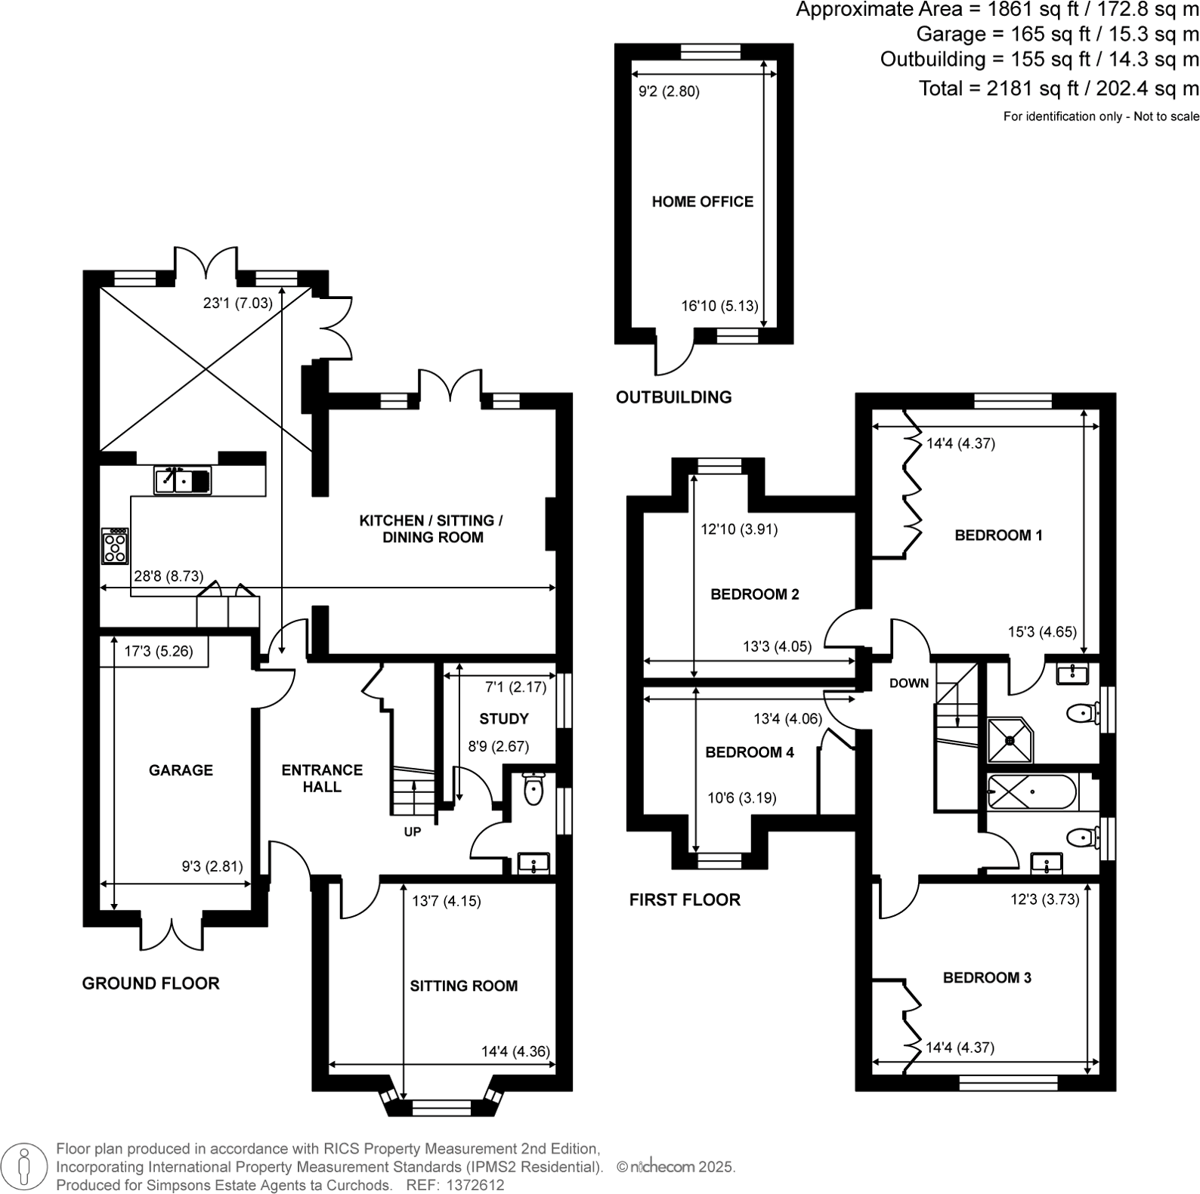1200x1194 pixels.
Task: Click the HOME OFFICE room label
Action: click(702, 202)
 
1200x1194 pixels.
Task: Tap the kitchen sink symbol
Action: click(182, 480)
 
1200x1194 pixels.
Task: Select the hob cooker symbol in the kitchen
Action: click(116, 546)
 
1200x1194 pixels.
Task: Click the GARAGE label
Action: click(181, 770)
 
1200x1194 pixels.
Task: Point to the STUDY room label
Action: click(503, 718)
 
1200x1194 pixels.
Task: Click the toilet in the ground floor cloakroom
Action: click(533, 789)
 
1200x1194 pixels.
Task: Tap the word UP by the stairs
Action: click(412, 831)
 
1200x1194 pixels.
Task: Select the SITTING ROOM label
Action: click(463, 986)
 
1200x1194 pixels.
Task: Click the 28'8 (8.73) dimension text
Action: click(169, 576)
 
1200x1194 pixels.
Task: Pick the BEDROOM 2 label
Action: click(754, 594)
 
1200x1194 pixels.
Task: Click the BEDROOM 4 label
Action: click(749, 752)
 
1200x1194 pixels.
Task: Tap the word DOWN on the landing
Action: click(908, 683)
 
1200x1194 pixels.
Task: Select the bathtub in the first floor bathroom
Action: click(1032, 791)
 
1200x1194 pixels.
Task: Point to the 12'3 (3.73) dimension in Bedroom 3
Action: click(1044, 899)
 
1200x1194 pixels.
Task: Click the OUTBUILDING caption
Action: click(673, 397)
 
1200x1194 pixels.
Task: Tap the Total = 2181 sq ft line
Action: click(1058, 88)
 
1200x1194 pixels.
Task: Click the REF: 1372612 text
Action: click(454, 1185)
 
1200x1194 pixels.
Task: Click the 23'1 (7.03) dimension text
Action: click(237, 304)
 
